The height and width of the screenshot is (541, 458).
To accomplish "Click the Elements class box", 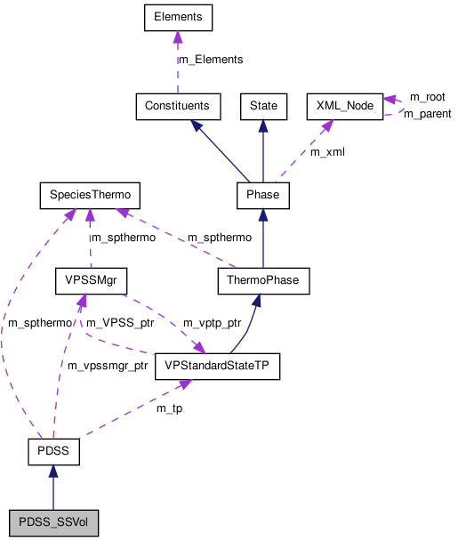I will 177,17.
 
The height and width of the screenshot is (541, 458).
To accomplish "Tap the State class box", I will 263,106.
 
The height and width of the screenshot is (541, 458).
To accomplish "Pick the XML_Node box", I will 343,106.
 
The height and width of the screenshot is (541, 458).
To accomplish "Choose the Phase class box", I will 262,194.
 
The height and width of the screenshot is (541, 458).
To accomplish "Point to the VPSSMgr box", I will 91,281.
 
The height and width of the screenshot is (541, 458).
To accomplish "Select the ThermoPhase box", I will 263,281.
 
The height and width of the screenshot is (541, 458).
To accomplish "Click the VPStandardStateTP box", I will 217,366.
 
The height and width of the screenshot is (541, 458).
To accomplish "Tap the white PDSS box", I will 52,453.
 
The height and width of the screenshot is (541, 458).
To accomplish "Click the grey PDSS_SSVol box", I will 52,522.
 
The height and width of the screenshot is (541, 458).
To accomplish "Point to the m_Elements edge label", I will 211,60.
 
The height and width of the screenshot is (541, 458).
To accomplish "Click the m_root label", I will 427,96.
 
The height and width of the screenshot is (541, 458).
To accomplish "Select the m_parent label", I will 427,114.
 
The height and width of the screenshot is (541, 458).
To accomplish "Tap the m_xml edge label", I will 327,152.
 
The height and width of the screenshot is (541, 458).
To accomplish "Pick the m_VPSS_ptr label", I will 120,322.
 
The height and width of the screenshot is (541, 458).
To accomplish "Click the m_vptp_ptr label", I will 211,322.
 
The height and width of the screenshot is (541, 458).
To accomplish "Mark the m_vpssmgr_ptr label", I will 108,366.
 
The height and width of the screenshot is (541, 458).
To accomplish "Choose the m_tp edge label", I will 171,408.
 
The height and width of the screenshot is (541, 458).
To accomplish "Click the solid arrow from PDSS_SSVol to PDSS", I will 52,488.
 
